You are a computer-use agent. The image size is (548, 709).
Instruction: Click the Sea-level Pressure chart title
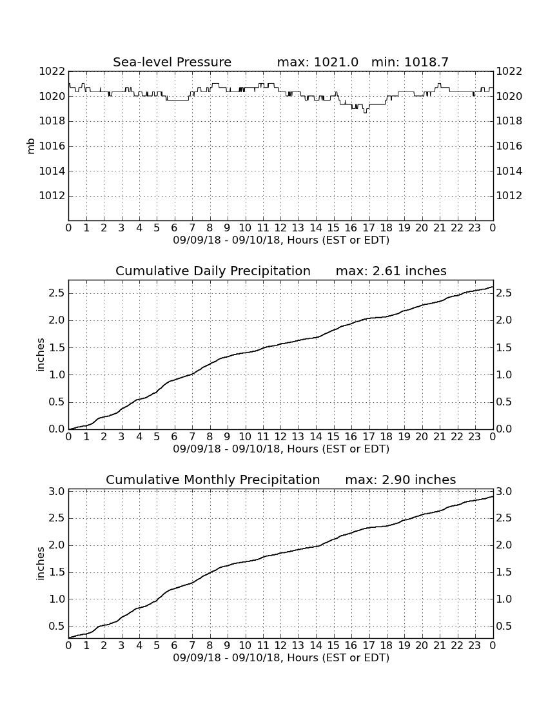click(x=172, y=62)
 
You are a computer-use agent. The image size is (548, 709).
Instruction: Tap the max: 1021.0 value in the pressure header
click(x=317, y=62)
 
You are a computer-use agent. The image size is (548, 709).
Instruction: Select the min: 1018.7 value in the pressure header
click(x=409, y=62)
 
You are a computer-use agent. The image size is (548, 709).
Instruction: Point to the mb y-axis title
click(x=31, y=146)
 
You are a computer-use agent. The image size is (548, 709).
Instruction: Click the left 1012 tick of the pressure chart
click(x=52, y=196)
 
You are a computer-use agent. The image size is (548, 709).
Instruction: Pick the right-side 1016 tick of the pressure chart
click(x=509, y=146)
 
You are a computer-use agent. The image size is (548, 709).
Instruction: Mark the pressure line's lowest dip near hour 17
click(x=366, y=112)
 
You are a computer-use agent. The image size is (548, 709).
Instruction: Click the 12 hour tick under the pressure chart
click(x=280, y=228)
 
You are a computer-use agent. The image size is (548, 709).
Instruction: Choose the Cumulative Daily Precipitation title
click(x=213, y=271)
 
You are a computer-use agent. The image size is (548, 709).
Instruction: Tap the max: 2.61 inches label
click(x=391, y=271)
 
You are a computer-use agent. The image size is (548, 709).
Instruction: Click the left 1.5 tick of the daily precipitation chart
click(x=57, y=347)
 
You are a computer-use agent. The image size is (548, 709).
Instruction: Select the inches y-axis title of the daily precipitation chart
click(x=40, y=355)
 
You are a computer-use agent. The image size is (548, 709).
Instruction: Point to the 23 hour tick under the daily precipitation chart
click(x=475, y=436)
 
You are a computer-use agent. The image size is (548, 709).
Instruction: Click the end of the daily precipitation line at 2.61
click(x=493, y=287)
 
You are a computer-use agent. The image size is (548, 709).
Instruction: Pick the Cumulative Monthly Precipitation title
click(x=213, y=480)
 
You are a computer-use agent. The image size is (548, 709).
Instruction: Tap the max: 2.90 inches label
click(x=400, y=480)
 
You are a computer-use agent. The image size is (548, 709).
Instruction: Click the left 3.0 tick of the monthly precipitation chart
click(x=57, y=492)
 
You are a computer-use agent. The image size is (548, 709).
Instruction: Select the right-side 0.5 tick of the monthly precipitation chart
click(x=504, y=626)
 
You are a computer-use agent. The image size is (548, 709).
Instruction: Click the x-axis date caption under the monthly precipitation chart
click(x=281, y=657)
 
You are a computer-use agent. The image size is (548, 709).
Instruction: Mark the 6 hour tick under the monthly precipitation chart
click(x=175, y=645)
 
